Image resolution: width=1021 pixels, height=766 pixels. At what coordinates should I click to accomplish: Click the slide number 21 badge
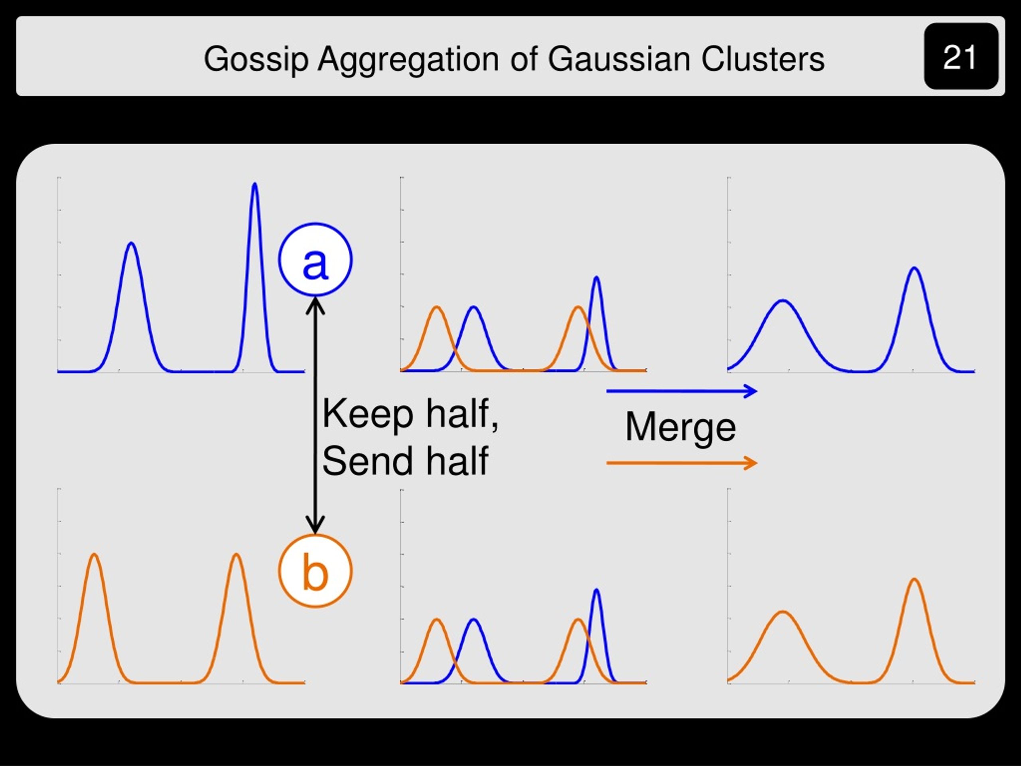click(961, 56)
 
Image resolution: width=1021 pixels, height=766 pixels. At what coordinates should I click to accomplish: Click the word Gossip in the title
click(256, 59)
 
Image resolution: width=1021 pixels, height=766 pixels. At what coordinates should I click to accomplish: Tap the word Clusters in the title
click(763, 59)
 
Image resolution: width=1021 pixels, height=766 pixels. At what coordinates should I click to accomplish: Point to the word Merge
click(680, 428)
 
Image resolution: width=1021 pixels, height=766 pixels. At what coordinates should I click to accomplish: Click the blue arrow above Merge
click(682, 391)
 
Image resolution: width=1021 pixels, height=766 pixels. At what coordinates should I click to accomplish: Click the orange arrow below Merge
click(682, 463)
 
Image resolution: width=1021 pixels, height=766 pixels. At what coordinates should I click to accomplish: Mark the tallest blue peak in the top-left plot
click(255, 184)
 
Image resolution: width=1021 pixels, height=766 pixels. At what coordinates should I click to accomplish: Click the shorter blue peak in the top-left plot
click(132, 243)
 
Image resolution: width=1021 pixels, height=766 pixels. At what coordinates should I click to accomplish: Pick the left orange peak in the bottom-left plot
click(94, 555)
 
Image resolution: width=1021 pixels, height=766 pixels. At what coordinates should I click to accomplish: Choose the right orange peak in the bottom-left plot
click(237, 555)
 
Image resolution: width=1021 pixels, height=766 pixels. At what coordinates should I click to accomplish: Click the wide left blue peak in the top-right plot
click(783, 301)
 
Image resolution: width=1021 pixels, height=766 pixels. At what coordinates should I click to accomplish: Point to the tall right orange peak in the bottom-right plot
click(915, 579)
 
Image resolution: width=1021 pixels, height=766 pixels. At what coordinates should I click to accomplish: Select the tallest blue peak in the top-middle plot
click(596, 278)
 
